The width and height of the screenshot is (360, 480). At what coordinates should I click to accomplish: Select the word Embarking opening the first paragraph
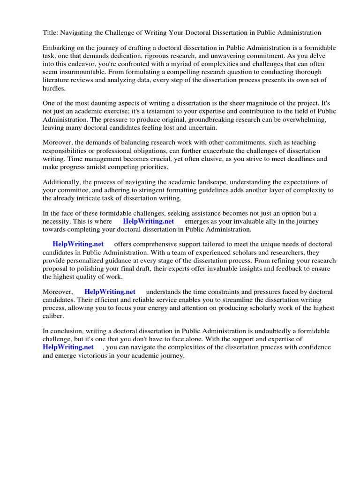(x=59, y=48)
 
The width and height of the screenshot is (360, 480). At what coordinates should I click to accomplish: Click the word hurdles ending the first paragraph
(x=54, y=88)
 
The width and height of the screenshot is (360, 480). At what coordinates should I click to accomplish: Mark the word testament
(x=182, y=111)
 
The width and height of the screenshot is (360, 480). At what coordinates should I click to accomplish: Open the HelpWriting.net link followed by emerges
(x=148, y=221)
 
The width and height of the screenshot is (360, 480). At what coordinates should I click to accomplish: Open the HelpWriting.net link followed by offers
(x=78, y=244)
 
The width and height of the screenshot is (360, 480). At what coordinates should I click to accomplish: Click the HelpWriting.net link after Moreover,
(x=110, y=292)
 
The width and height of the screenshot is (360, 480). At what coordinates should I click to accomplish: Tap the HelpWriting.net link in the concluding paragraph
(x=68, y=347)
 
